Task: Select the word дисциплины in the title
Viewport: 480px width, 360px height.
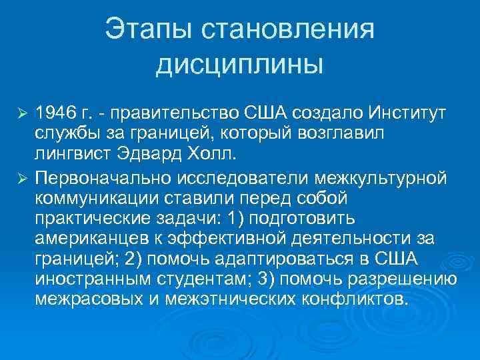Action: pos(239,65)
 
